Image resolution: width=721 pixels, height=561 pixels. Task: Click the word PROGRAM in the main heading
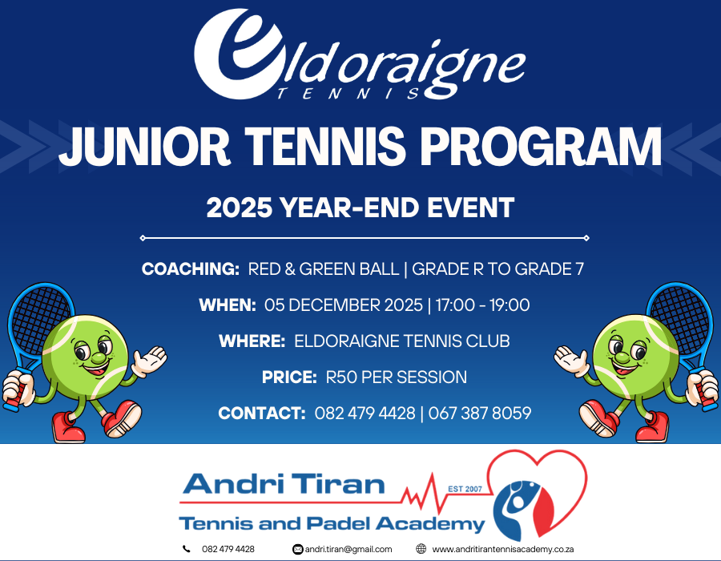[542, 146]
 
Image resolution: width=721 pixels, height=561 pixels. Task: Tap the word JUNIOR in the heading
[144, 146]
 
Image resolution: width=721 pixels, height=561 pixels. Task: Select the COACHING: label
[191, 269]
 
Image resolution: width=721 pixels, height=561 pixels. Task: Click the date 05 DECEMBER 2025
[344, 305]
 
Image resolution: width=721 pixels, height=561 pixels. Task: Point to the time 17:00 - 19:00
[482, 305]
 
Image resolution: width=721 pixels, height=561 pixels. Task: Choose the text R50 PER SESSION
[397, 377]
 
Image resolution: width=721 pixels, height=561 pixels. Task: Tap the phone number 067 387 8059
[480, 413]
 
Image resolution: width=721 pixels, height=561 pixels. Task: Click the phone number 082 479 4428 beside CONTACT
[365, 413]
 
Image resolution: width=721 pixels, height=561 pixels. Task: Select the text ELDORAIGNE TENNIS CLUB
[402, 341]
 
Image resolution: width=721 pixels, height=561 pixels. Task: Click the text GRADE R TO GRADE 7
[497, 269]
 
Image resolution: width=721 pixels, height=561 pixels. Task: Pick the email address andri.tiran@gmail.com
[348, 549]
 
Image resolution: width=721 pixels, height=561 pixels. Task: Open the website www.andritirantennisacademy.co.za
[502, 549]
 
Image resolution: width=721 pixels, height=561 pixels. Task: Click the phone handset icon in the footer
[186, 549]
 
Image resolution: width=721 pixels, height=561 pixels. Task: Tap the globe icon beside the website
[421, 549]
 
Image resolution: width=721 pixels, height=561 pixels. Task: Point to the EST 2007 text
[465, 489]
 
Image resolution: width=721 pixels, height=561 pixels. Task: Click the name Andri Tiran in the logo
[284, 484]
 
